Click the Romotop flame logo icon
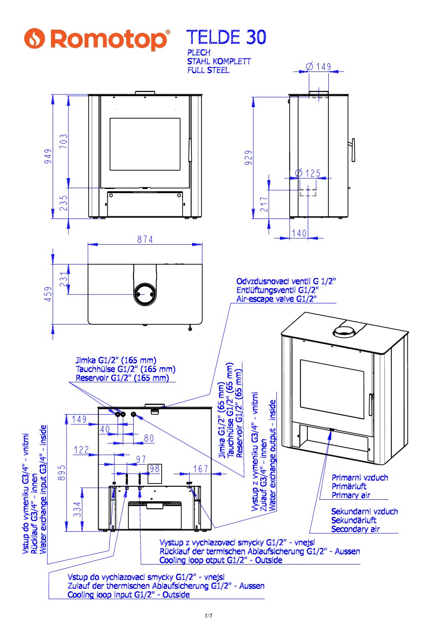[x=34, y=38]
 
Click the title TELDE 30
[x=226, y=37]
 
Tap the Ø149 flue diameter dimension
[x=319, y=66]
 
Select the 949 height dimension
[x=48, y=156]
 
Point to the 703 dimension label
[x=64, y=141]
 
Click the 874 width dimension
[x=145, y=240]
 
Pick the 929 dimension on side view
[x=249, y=158]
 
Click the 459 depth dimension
[x=48, y=294]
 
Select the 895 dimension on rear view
[x=62, y=473]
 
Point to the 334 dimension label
[x=77, y=509]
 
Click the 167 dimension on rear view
[x=201, y=469]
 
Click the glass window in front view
[x=145, y=144]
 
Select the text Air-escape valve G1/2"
[x=276, y=299]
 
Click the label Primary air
[x=351, y=495]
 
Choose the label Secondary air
[x=356, y=529]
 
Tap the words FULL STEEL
[x=208, y=70]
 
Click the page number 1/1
[x=208, y=616]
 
